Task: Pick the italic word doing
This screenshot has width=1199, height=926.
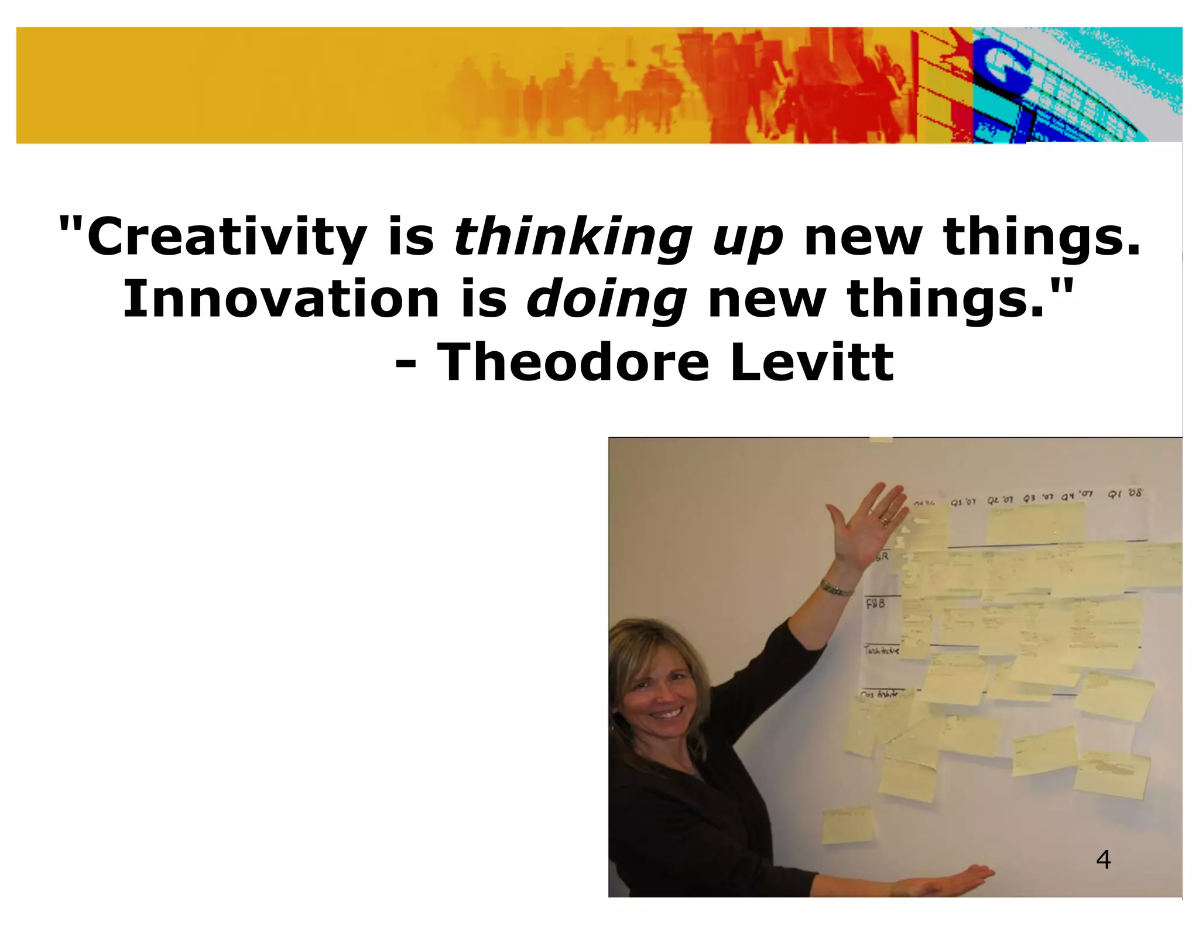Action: click(606, 300)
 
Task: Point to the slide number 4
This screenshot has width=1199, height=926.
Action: click(1103, 859)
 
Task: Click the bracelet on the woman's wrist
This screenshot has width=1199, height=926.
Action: click(835, 589)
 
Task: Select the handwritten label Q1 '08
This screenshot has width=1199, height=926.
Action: click(1125, 493)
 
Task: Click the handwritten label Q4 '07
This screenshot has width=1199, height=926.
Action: click(1077, 495)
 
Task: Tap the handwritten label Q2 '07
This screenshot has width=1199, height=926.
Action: click(1000, 500)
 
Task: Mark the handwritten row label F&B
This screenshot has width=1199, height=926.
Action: click(875, 603)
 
